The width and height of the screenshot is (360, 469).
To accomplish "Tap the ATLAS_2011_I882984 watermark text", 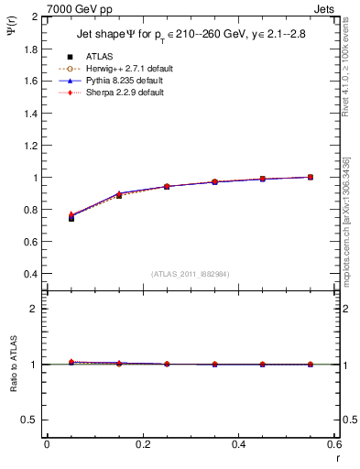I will (190, 274).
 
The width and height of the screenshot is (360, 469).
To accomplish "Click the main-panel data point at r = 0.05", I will (71, 218).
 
